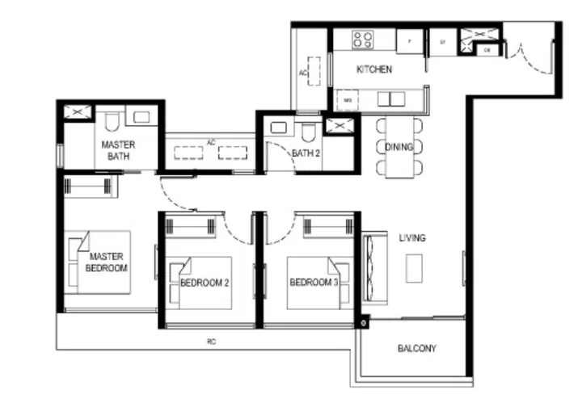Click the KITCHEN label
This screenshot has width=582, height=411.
pyautogui.click(x=373, y=69)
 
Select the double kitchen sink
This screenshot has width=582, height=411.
pyautogui.click(x=390, y=99)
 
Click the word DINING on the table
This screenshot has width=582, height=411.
pyautogui.click(x=399, y=147)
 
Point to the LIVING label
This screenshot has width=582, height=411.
pyautogui.click(x=412, y=238)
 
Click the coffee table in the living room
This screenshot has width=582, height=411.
pyautogui.click(x=414, y=267)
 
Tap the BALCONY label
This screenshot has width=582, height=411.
pyautogui.click(x=417, y=349)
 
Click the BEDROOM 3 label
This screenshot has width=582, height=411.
pyautogui.click(x=313, y=282)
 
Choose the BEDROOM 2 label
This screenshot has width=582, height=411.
pyautogui.click(x=205, y=283)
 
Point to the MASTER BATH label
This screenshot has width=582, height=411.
pyautogui.click(x=118, y=150)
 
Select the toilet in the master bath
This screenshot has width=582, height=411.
pyautogui.click(x=112, y=121)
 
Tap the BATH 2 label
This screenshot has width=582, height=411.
pyautogui.click(x=306, y=153)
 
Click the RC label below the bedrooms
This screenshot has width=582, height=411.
pyautogui.click(x=211, y=342)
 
